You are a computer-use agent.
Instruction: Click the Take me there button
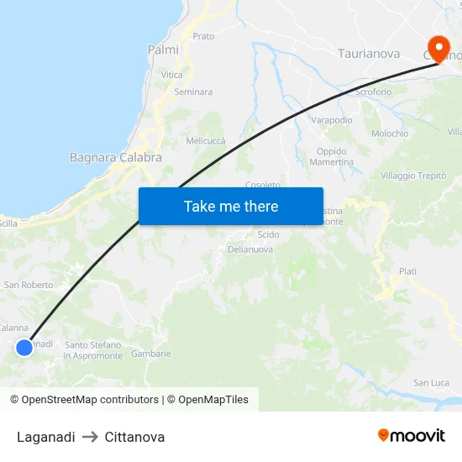[x=231, y=206]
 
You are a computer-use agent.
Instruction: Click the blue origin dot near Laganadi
[x=24, y=347]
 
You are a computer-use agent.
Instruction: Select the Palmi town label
[x=163, y=50]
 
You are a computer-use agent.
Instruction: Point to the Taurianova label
[x=368, y=54]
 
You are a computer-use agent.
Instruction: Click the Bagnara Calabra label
[x=115, y=157]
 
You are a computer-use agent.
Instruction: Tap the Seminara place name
[x=193, y=92]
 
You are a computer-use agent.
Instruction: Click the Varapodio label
[x=332, y=121]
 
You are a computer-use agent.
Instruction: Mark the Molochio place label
[x=390, y=134]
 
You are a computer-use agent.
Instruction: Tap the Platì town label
[x=407, y=271]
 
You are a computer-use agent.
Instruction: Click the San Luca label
[x=431, y=383]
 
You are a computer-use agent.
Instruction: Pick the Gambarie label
[x=151, y=354]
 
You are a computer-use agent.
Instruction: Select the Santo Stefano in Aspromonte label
[x=93, y=350]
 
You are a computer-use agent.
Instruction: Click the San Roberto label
[x=29, y=285]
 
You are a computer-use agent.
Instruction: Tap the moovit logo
[x=412, y=436]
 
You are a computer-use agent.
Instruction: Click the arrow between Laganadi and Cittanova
[x=90, y=437]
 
